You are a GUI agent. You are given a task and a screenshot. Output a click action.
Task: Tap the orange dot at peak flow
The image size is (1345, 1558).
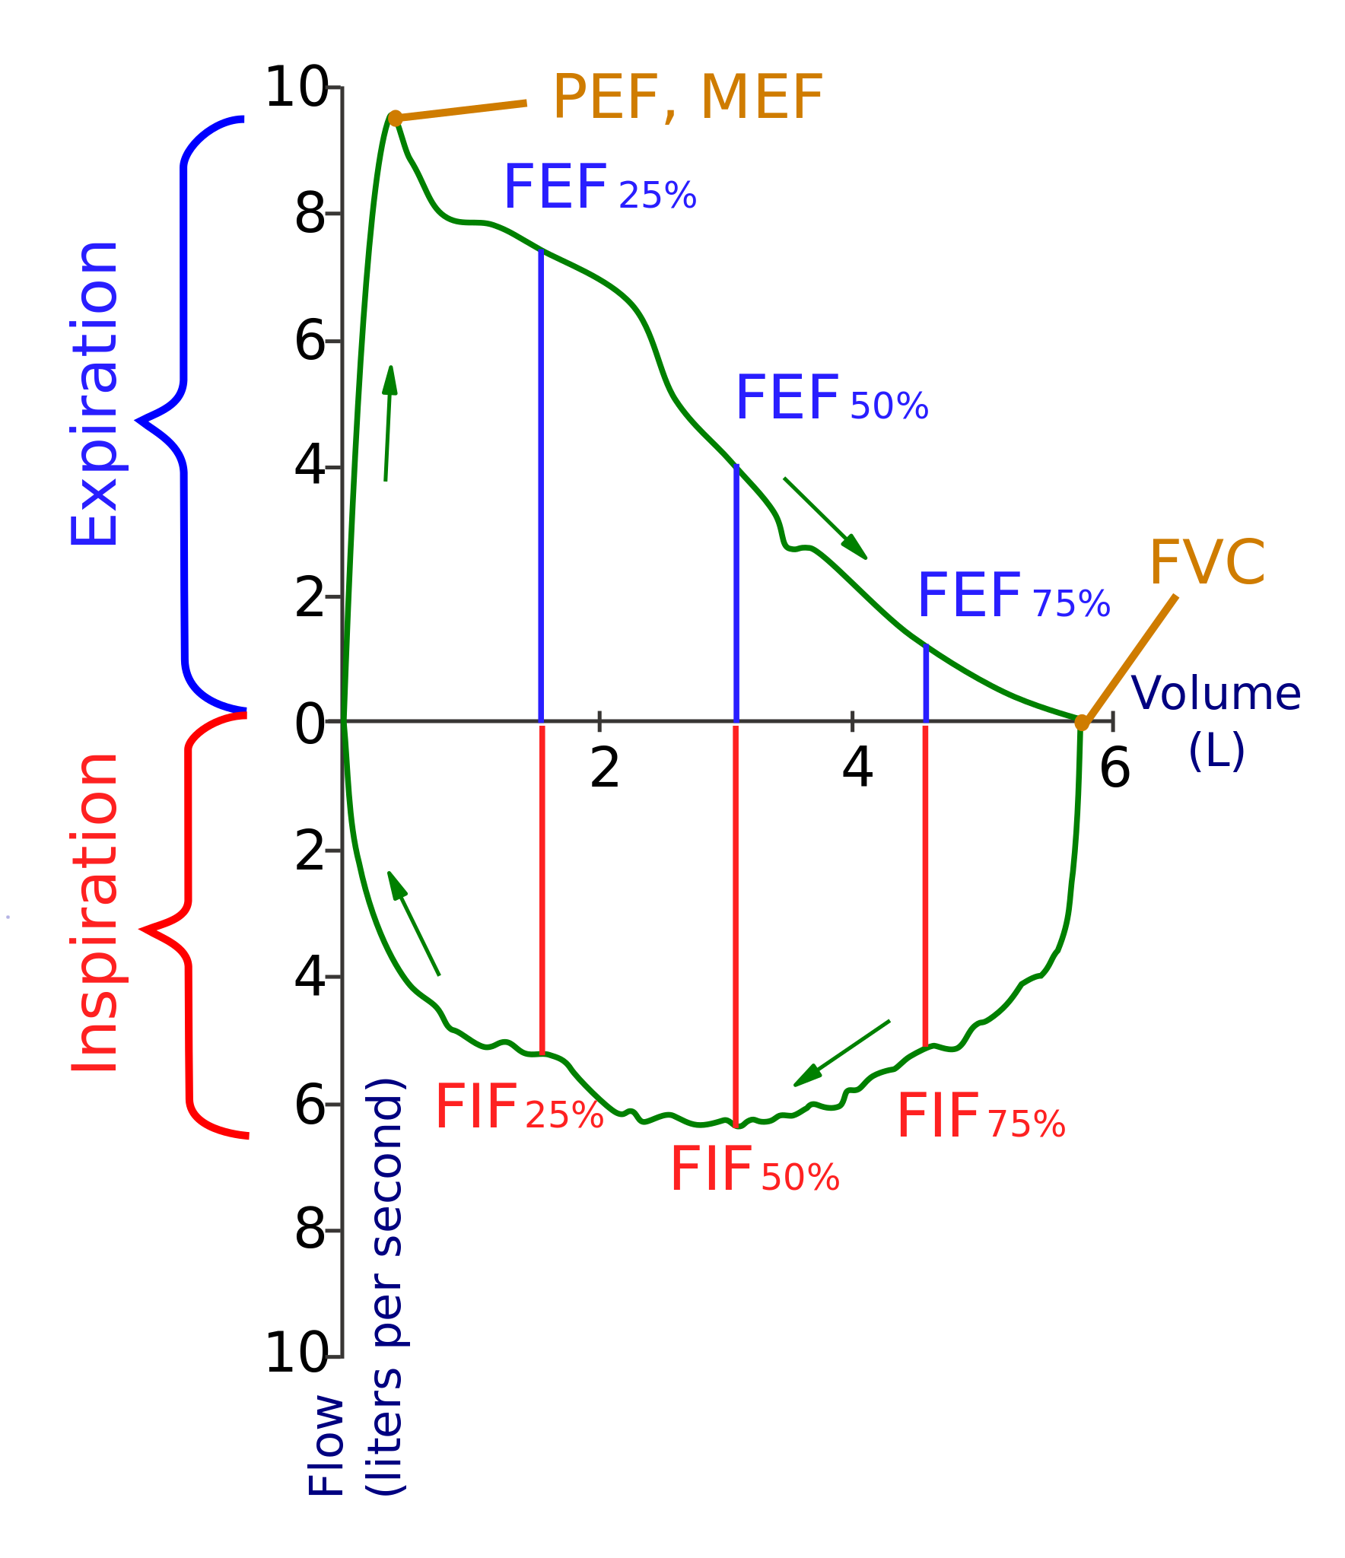coord(395,118)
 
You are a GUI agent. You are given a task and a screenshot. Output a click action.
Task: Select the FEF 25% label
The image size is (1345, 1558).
coord(599,188)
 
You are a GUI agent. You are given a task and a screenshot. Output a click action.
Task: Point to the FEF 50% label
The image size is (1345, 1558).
coord(831,399)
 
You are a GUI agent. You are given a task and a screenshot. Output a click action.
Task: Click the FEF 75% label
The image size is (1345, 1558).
coord(1013,596)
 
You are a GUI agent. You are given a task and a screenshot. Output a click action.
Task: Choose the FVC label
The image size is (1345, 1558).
coord(1207,563)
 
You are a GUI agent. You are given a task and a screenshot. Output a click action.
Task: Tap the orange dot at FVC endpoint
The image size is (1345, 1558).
coord(1082,722)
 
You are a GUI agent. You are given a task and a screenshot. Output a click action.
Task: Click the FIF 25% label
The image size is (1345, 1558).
coord(519,1108)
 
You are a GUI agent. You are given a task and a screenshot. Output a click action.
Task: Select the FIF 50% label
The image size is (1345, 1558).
coord(754,1171)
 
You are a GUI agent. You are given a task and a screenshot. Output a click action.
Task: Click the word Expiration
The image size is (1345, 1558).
coord(94,394)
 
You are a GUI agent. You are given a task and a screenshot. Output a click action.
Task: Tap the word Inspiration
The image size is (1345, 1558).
coord(94,913)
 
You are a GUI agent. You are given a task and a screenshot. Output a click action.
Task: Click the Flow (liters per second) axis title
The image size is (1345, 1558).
coord(356,1286)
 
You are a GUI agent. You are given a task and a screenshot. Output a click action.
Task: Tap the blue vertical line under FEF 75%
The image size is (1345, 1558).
coord(926,683)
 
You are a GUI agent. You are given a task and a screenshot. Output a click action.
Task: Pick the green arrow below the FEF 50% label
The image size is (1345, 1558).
coord(825,518)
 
